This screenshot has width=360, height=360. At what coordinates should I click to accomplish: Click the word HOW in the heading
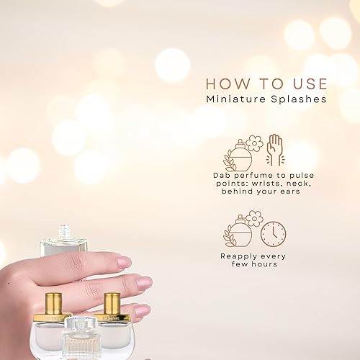223,85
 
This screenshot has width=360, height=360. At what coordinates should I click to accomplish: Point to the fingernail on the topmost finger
124,262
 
